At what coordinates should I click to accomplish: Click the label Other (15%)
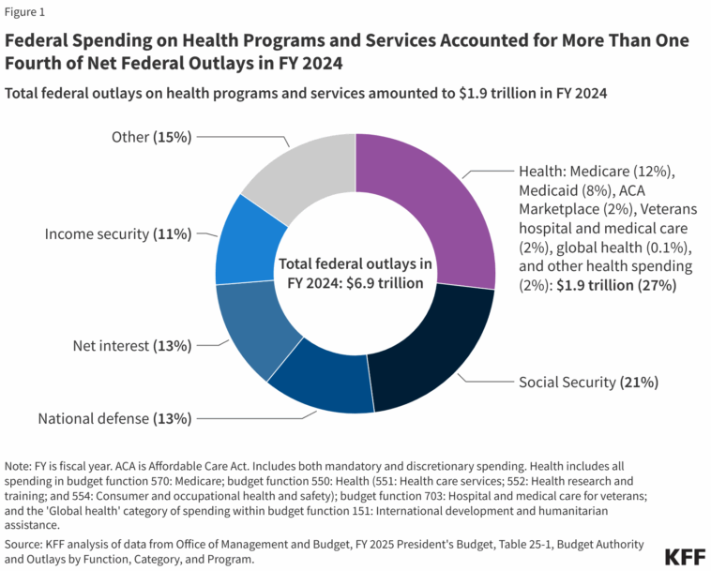(x=151, y=137)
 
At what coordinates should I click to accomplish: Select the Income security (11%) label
(x=118, y=233)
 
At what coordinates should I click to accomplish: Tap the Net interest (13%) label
(x=132, y=346)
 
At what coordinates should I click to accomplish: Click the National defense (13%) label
(x=114, y=418)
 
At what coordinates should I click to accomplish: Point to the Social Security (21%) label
(x=588, y=382)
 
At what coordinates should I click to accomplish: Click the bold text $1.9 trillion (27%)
(x=616, y=285)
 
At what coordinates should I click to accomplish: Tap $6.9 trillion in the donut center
(x=385, y=283)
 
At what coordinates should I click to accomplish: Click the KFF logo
(x=685, y=557)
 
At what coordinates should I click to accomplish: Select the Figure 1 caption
(x=24, y=12)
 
